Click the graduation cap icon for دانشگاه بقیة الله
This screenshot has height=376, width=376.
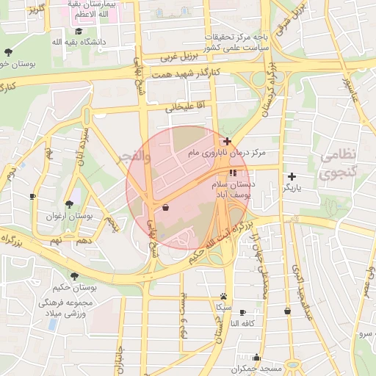79,32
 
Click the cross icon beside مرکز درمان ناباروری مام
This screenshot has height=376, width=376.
228,141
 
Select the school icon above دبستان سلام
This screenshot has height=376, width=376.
233,173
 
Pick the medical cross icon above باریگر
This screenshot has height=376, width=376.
292,176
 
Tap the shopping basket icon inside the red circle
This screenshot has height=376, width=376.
166,208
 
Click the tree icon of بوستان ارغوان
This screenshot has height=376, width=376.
68,204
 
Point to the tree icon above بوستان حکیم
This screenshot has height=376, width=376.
74,276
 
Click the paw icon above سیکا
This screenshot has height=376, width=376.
223,294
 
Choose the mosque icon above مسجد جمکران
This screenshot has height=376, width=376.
256,358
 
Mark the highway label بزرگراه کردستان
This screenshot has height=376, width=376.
270,92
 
